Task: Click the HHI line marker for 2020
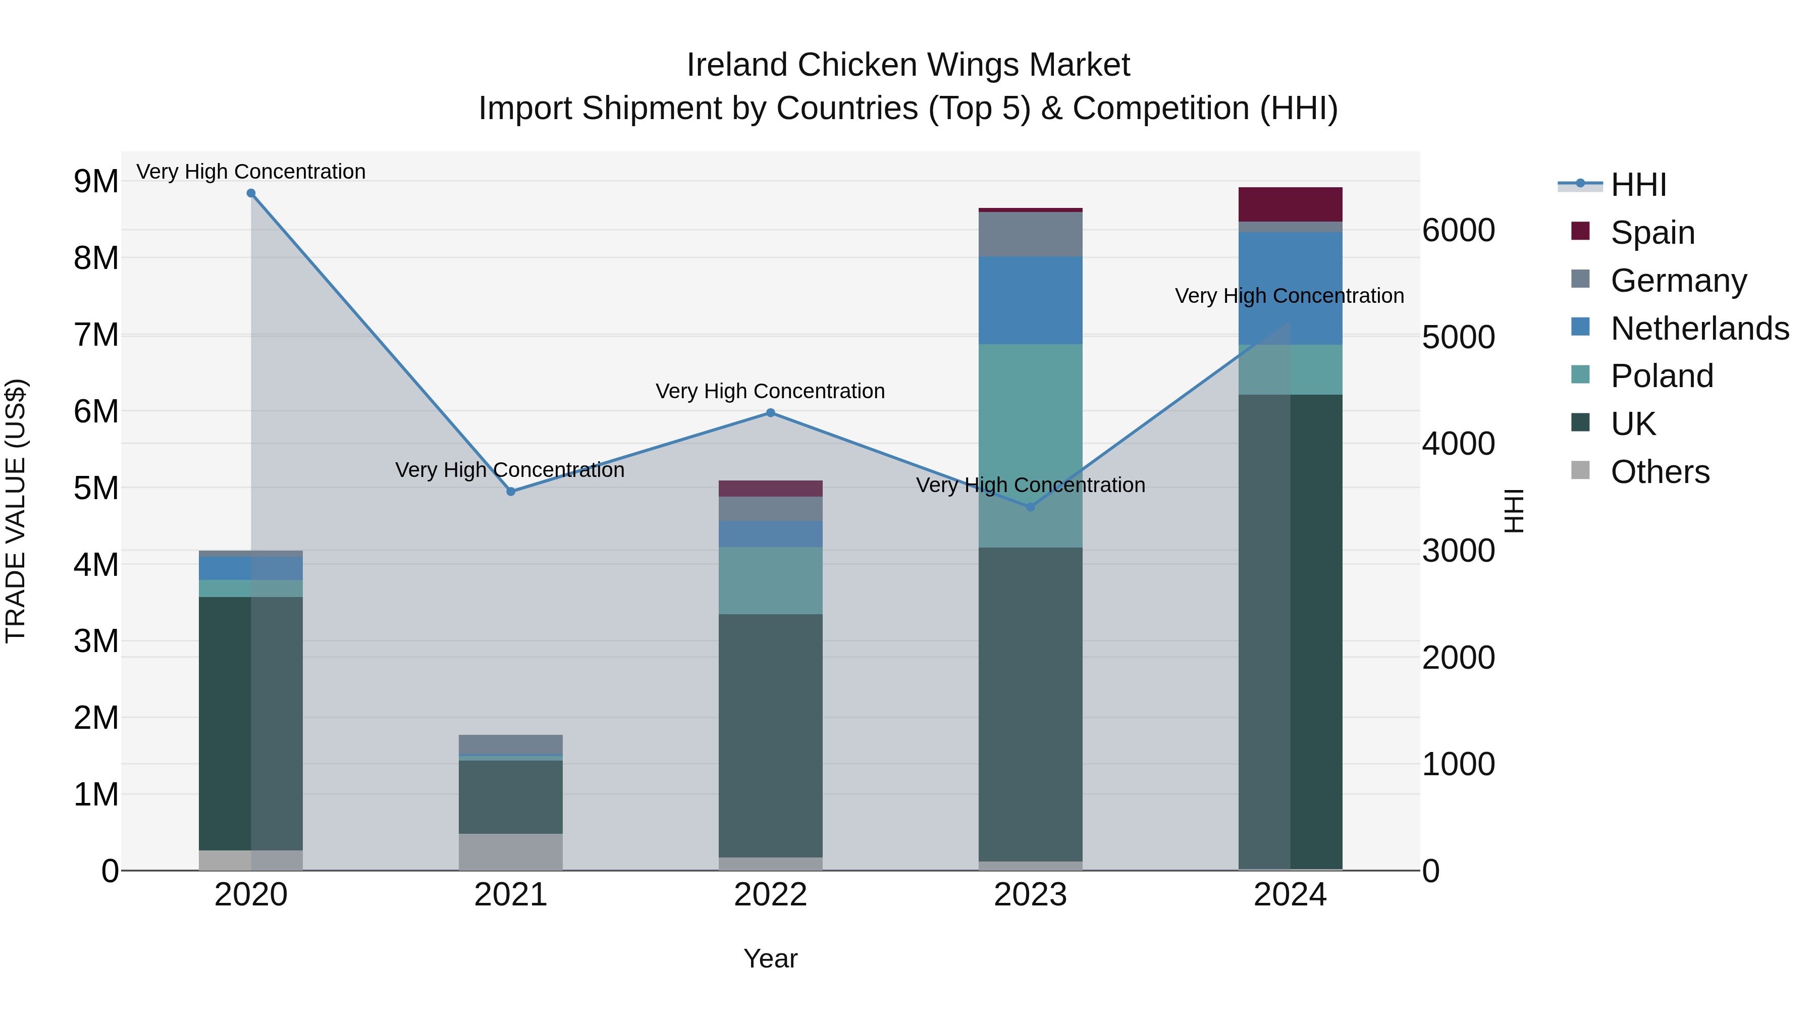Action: [x=251, y=193]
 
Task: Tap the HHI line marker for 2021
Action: [x=511, y=492]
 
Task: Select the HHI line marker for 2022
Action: [x=770, y=413]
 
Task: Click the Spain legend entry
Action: [x=1652, y=232]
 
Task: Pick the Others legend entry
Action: [x=1660, y=472]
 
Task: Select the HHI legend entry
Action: [x=1638, y=185]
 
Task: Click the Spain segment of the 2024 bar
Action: [x=1290, y=204]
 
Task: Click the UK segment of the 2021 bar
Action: [x=511, y=797]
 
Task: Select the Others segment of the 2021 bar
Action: [x=511, y=852]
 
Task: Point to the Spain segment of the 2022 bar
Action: [x=770, y=489]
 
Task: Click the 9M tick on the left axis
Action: [x=96, y=181]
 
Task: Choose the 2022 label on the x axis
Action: [x=770, y=895]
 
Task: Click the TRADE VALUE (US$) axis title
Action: [x=16, y=511]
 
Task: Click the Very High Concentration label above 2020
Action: [x=251, y=172]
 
